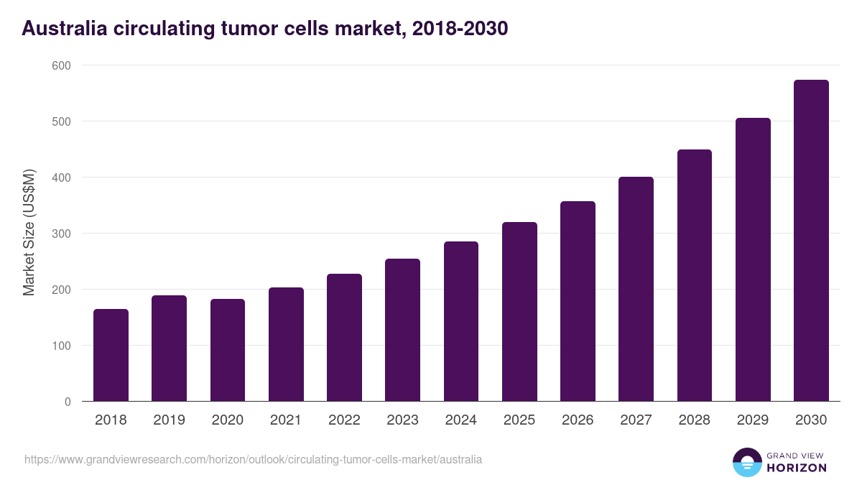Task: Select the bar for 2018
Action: pyautogui.click(x=111, y=356)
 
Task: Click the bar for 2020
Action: pyautogui.click(x=228, y=351)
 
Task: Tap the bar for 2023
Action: pyautogui.click(x=402, y=331)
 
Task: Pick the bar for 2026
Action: pyautogui.click(x=578, y=302)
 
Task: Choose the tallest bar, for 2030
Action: pyautogui.click(x=811, y=241)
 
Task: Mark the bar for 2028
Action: pyautogui.click(x=695, y=276)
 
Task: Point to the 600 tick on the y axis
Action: pyautogui.click(x=62, y=65)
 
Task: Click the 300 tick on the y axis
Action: pyautogui.click(x=62, y=234)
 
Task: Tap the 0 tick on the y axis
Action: pyautogui.click(x=68, y=402)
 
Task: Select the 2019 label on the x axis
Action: pyautogui.click(x=169, y=420)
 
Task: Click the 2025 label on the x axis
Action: pyautogui.click(x=519, y=420)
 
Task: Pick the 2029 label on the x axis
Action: pyautogui.click(x=753, y=420)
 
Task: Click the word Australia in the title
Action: pyautogui.click(x=65, y=29)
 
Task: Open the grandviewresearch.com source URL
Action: pyautogui.click(x=253, y=459)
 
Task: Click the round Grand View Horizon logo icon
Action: pyautogui.click(x=747, y=462)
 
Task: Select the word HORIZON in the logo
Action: pyautogui.click(x=797, y=468)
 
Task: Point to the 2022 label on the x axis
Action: pyautogui.click(x=344, y=420)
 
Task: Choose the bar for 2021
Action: pyautogui.click(x=286, y=345)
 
